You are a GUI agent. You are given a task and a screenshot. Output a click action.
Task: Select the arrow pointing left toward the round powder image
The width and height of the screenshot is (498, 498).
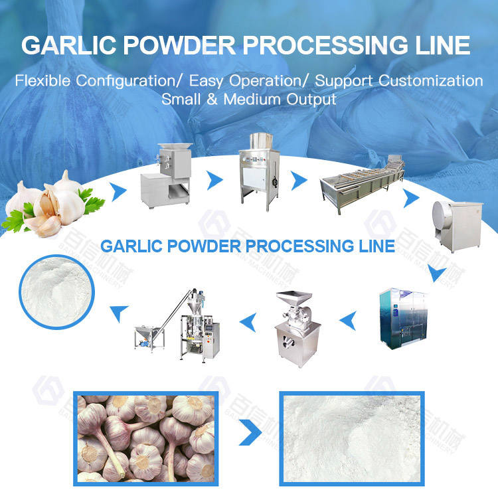[x=120, y=307]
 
